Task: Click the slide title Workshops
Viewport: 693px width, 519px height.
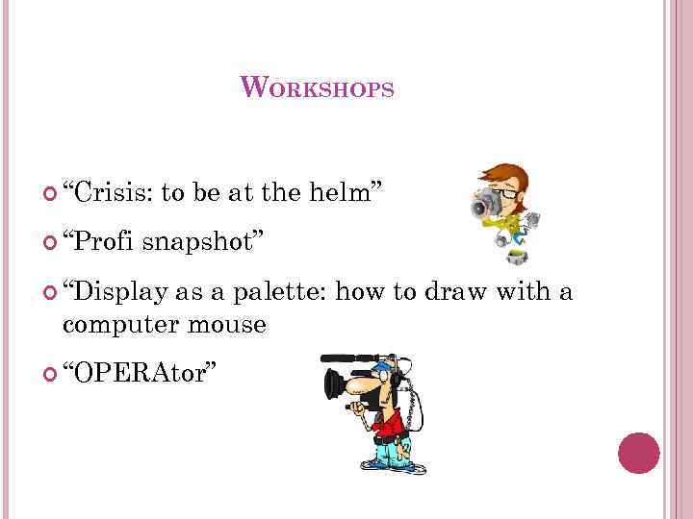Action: point(317,88)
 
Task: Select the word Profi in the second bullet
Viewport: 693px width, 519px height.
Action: point(100,239)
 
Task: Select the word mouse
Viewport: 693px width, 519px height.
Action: point(230,325)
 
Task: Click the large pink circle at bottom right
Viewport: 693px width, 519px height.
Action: point(638,453)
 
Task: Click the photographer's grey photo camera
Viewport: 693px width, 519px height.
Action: point(485,205)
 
